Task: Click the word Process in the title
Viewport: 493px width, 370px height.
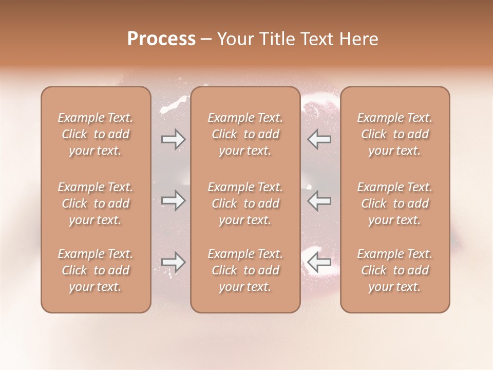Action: pos(161,39)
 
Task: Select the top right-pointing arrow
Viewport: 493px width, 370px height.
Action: pos(173,139)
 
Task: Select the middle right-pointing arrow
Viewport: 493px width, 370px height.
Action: pos(173,200)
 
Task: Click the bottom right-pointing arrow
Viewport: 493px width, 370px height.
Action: pos(173,262)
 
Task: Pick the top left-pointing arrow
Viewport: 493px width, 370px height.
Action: pos(319,139)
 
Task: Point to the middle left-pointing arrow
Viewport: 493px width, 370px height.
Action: pos(319,200)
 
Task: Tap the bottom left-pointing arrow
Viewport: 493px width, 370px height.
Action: pos(319,262)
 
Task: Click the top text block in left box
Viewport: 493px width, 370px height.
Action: pos(96,134)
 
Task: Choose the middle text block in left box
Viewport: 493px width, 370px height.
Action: pos(96,203)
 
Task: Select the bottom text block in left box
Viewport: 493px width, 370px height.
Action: pos(96,270)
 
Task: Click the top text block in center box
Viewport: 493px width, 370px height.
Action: pos(245,134)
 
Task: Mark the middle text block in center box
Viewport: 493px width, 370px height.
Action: pos(245,203)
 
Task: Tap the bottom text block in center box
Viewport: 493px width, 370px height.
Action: pos(245,270)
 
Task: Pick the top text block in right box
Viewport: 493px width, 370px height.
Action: pos(395,134)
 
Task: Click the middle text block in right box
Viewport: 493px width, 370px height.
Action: pos(395,203)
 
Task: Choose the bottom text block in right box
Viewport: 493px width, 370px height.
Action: pos(395,270)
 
